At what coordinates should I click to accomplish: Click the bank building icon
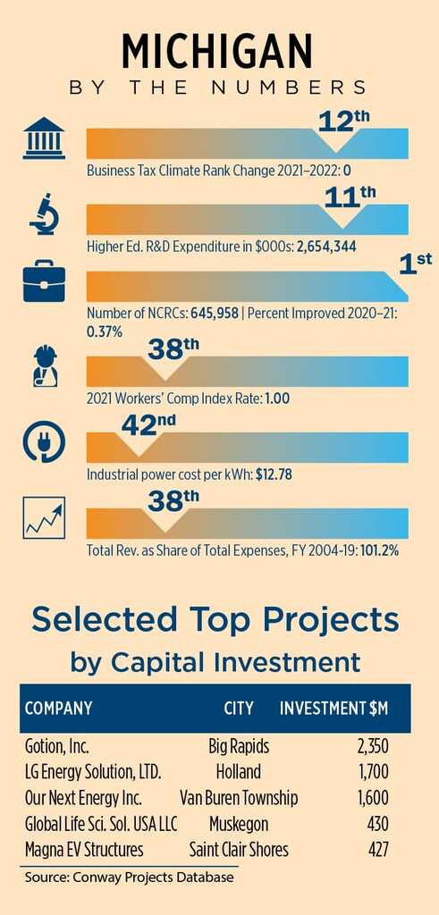pos(45,141)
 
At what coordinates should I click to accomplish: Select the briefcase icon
pos(45,284)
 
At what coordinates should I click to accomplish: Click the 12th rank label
pos(344,122)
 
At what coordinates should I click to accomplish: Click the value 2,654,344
pos(327,247)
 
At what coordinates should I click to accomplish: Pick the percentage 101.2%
pos(379,550)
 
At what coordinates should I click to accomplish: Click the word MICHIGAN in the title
pos(217,51)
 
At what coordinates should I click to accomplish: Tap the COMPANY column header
pos(58,709)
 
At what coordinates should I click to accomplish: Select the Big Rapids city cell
pos(239,746)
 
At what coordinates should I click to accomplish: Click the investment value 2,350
pos(373,746)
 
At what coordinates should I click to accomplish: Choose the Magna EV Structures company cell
pos(84,849)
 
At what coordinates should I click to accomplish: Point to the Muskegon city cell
pos(239,823)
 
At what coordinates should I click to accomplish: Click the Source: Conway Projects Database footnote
pos(129,877)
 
